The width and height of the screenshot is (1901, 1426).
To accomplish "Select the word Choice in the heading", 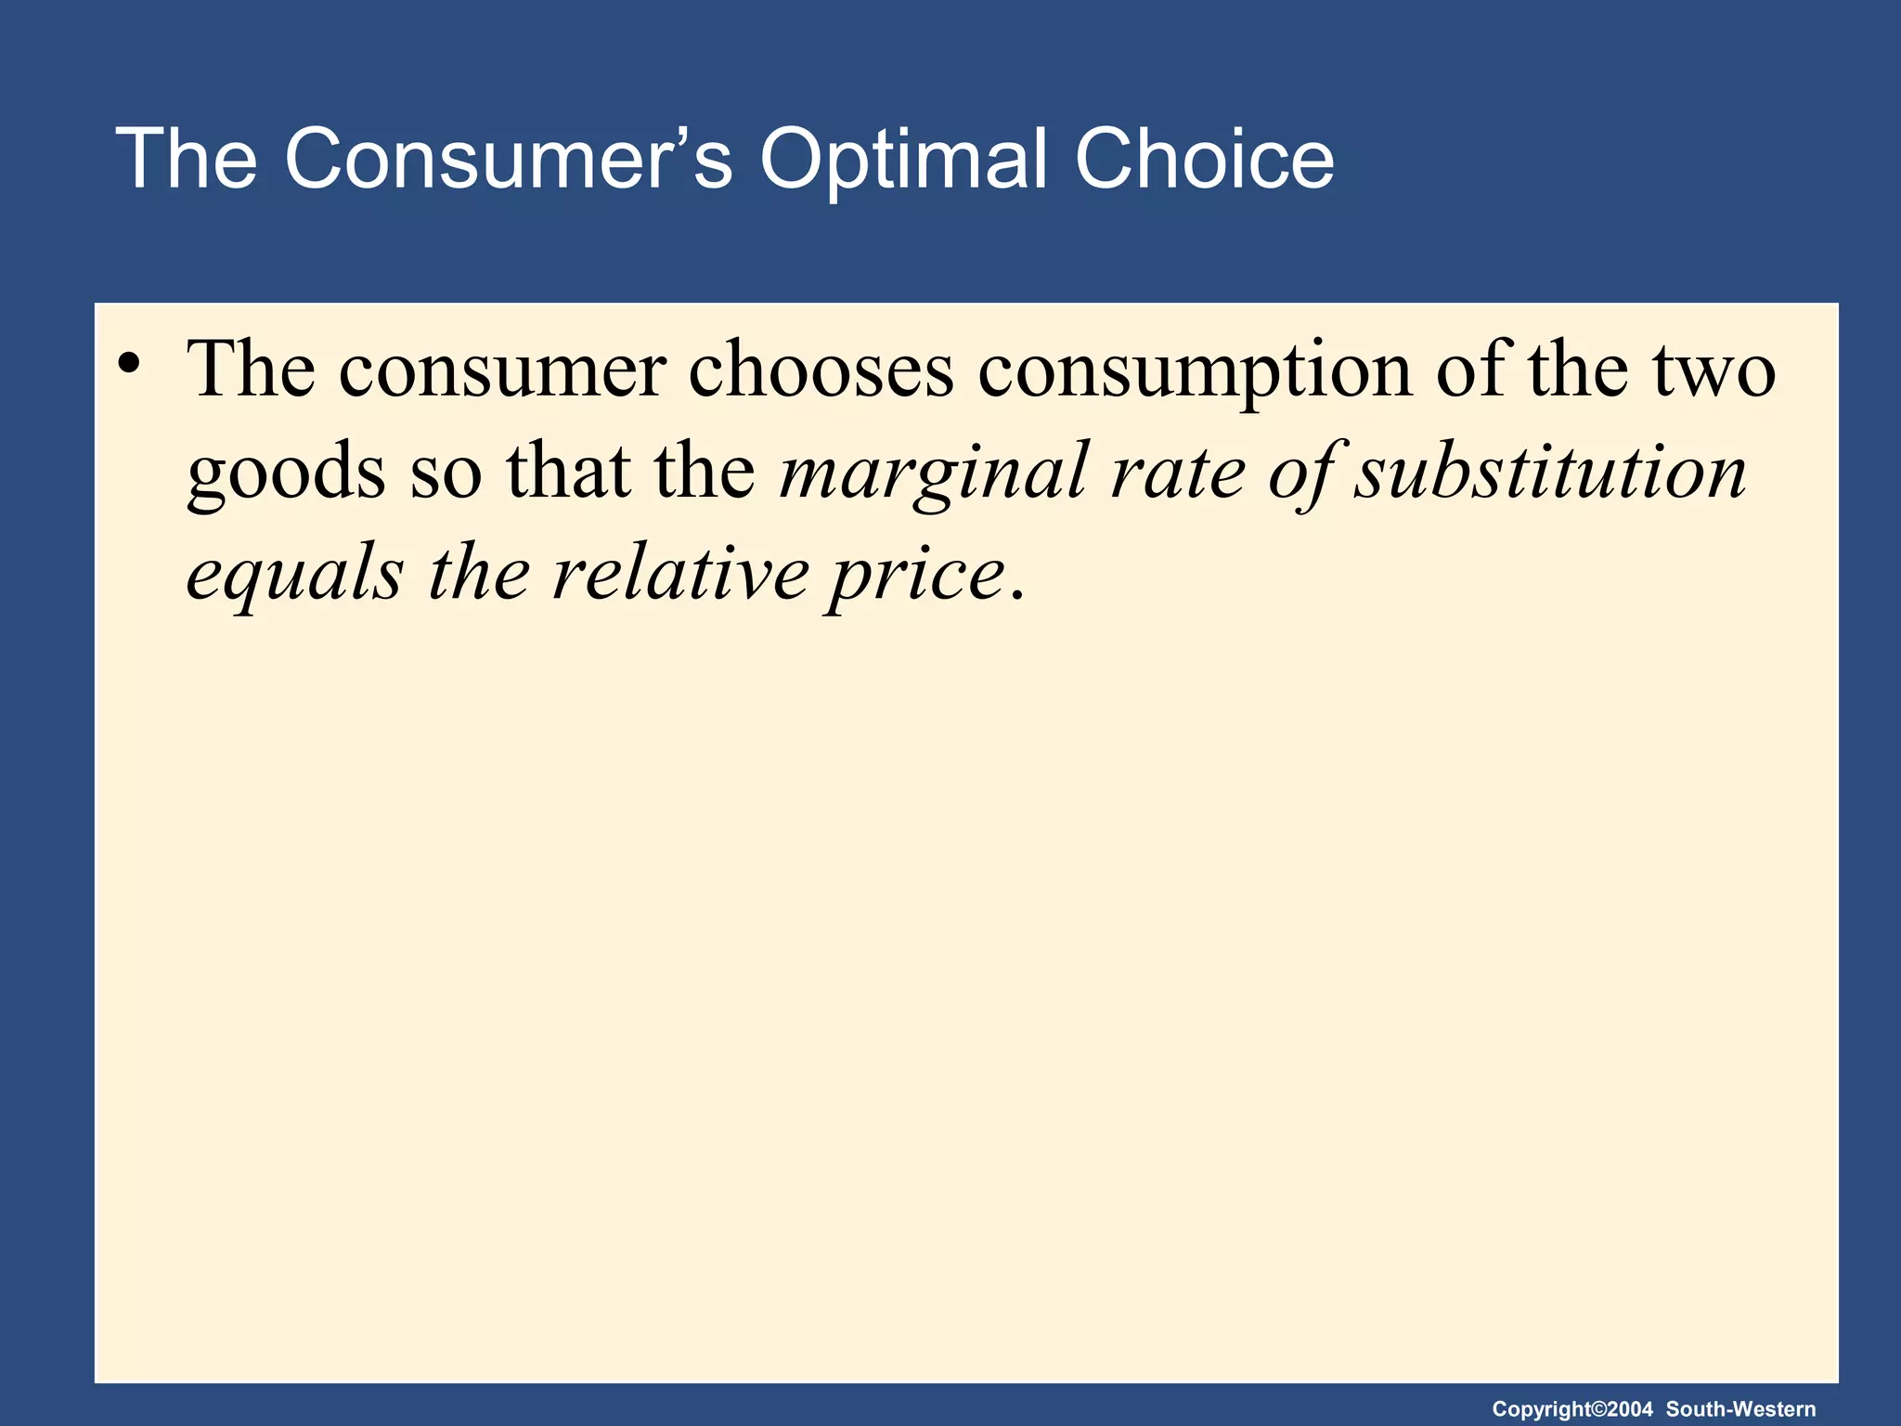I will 1204,160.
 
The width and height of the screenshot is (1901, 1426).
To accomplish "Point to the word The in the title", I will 186,160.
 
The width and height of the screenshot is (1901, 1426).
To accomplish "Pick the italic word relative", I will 680,574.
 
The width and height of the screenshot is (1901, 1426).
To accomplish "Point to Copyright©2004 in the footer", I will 1572,1409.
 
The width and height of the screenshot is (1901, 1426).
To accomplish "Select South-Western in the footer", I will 1740,1409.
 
